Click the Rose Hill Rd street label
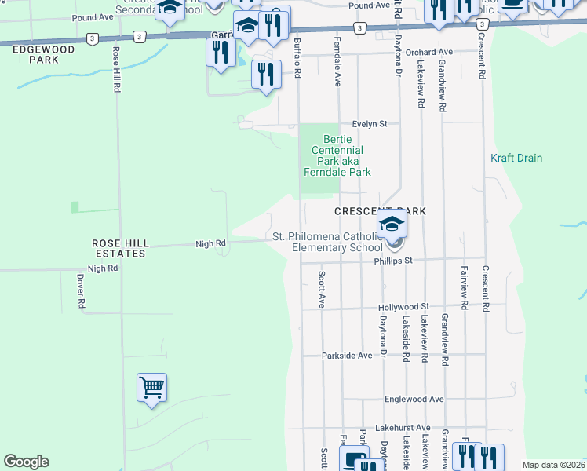click(x=116, y=69)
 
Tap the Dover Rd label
click(x=81, y=290)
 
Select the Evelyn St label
click(x=370, y=124)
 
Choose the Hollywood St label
click(x=403, y=307)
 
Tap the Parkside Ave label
click(x=347, y=356)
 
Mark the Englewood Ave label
click(x=414, y=399)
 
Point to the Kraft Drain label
click(x=516, y=158)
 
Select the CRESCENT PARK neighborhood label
click(x=380, y=212)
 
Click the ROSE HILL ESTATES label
click(x=118, y=249)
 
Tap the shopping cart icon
click(x=151, y=387)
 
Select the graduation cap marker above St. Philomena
click(x=392, y=225)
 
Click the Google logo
click(x=26, y=462)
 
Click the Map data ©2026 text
click(x=554, y=465)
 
